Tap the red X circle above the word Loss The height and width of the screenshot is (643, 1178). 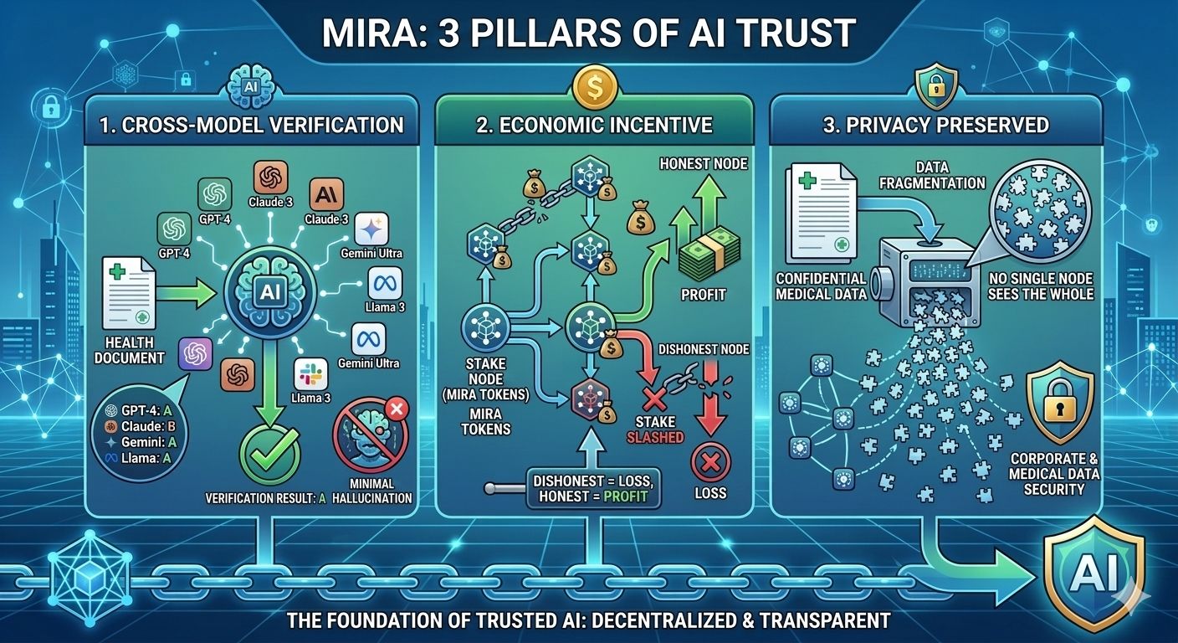(711, 461)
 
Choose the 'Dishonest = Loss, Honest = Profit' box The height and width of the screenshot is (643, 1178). (591, 489)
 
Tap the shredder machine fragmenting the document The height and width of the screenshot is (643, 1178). (921, 271)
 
